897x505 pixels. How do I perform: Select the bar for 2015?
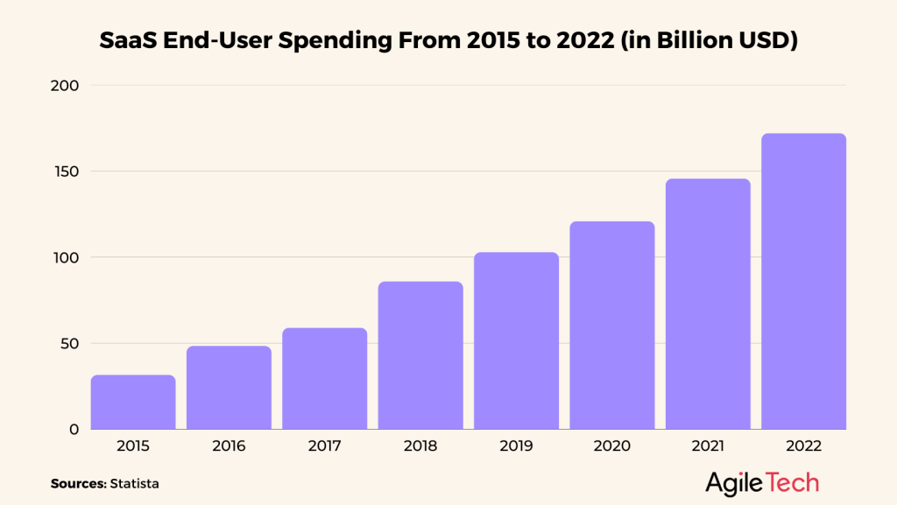point(133,402)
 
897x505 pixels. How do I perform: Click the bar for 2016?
point(229,388)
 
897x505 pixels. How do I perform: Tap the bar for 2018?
point(420,355)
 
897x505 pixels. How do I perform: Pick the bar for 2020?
point(612,325)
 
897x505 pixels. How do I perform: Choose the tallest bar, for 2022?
point(803,281)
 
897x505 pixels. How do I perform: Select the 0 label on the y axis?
point(75,429)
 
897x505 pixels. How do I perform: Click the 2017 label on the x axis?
point(324,446)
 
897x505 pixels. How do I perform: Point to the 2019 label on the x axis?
point(516,446)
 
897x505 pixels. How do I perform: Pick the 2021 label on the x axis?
point(708,446)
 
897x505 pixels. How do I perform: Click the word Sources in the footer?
point(77,483)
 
